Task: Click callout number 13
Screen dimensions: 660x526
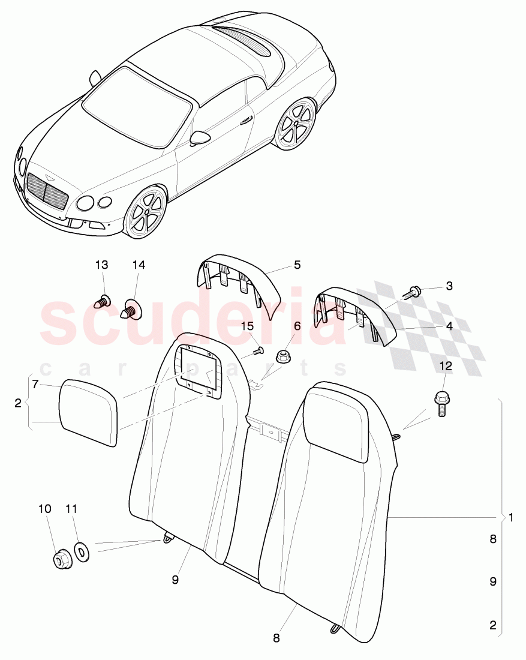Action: click(102, 265)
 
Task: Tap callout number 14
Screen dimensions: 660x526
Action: click(139, 265)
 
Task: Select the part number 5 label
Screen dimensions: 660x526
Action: click(297, 265)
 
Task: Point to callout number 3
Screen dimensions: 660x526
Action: click(449, 287)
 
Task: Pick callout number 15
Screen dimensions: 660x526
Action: click(248, 326)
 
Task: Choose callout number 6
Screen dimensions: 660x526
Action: click(297, 326)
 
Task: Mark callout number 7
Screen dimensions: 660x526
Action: click(36, 384)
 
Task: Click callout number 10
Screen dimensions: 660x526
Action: click(45, 509)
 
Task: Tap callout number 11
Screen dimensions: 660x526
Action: click(71, 509)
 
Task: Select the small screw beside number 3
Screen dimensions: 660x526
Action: click(412, 292)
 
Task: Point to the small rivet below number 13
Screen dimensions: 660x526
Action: click(104, 300)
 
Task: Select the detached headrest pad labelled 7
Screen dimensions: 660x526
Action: click(88, 412)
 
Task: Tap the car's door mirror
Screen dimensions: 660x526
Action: click(200, 138)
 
